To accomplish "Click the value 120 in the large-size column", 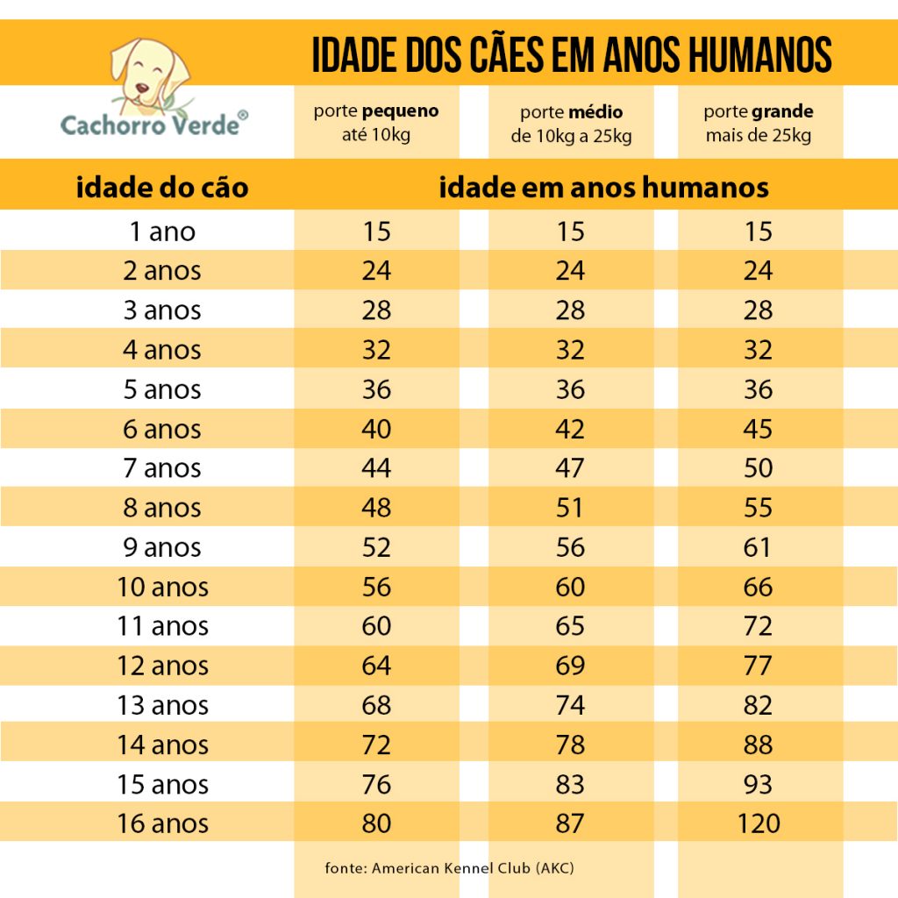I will [759, 823].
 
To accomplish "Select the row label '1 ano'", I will [162, 232].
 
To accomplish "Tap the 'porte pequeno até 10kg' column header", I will [376, 123].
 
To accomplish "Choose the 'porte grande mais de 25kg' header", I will [759, 123].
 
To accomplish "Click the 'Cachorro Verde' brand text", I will [149, 125].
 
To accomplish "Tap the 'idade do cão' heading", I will [162, 187].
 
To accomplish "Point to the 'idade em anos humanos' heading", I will [603, 187].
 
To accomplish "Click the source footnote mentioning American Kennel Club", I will [450, 867].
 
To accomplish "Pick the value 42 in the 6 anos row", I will [570, 429].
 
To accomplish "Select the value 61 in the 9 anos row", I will [759, 547].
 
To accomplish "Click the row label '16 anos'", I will [162, 823].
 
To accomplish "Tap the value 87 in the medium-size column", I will [570, 823].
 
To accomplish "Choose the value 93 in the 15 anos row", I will [759, 784].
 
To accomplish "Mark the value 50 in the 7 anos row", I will [759, 468].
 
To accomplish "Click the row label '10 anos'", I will [162, 587].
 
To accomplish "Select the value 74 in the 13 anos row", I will [570, 705].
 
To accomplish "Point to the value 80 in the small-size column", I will [376, 823].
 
